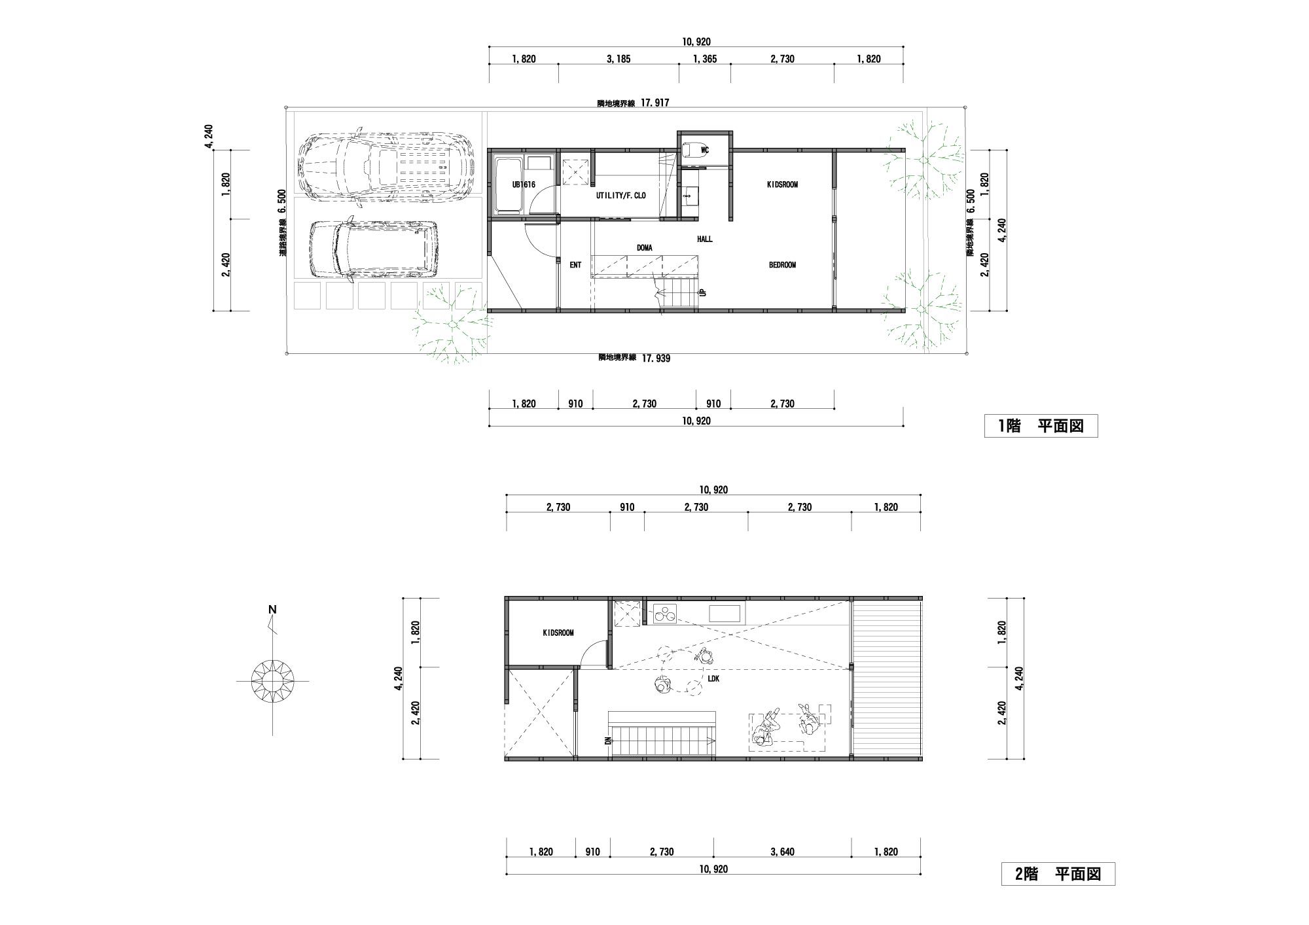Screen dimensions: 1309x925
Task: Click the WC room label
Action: (705, 150)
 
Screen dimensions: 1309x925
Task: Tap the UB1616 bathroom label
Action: (524, 185)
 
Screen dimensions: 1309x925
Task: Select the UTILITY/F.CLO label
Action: (620, 195)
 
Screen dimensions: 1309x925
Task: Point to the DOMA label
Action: (645, 248)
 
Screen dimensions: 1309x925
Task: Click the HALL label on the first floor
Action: (704, 239)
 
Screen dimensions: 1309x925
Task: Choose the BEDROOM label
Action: (782, 265)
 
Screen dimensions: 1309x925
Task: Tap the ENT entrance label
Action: (575, 265)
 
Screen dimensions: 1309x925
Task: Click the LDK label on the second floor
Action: (713, 679)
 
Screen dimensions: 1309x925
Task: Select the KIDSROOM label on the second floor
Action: (558, 633)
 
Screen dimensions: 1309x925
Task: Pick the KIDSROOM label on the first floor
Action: (782, 184)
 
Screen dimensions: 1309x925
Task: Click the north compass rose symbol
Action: (272, 681)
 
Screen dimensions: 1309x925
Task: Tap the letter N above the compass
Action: (272, 610)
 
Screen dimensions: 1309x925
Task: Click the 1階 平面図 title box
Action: (1041, 426)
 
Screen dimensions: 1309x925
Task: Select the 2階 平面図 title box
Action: (1058, 874)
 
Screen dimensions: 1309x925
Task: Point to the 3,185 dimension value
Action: (619, 59)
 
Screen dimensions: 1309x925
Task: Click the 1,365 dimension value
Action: (705, 59)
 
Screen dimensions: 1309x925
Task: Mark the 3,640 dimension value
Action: (783, 852)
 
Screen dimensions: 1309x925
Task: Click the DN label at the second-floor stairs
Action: (607, 741)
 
